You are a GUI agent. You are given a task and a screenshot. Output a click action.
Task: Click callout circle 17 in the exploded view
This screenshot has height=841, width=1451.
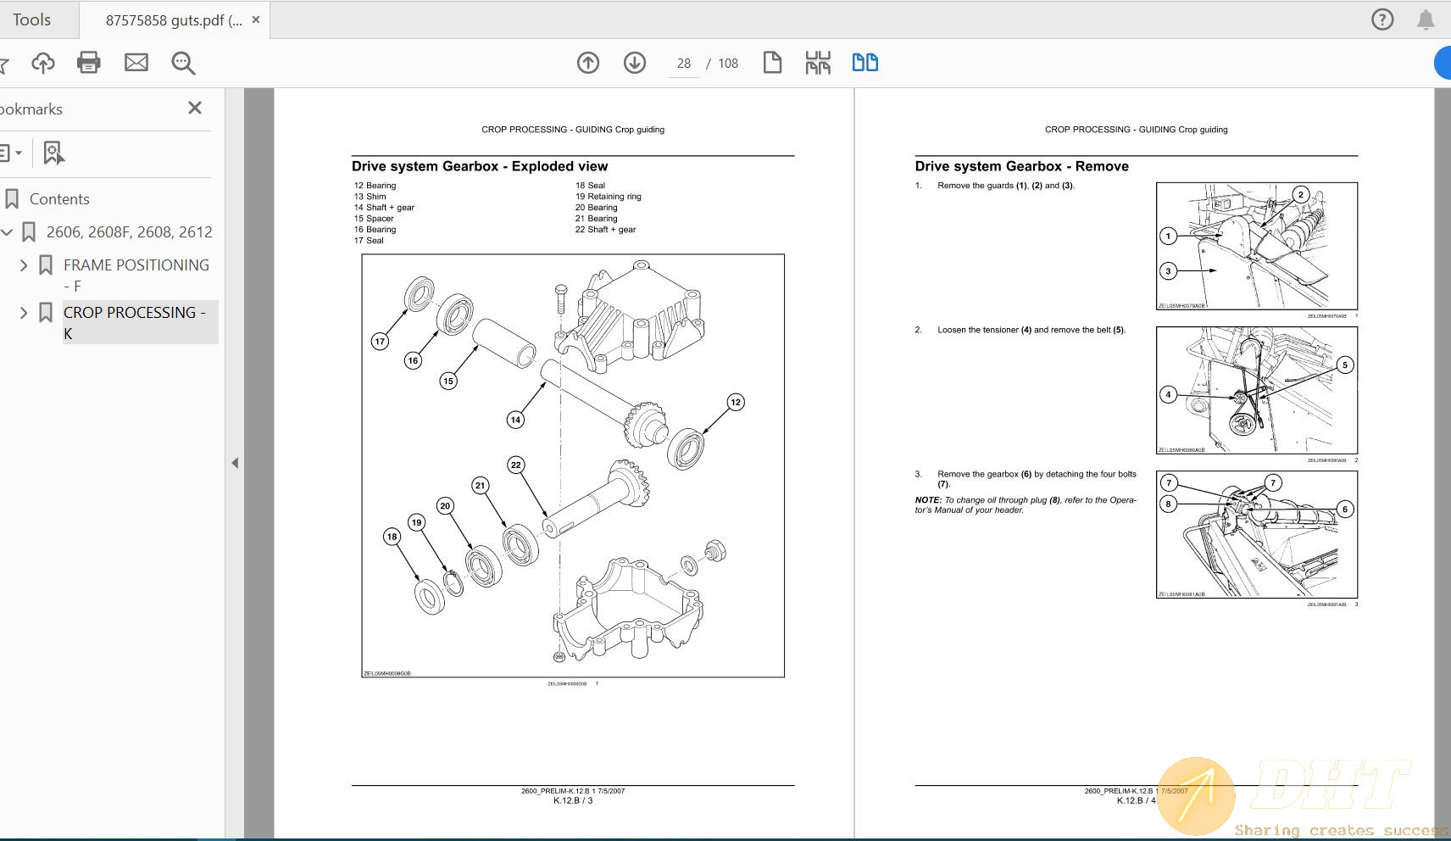coord(380,341)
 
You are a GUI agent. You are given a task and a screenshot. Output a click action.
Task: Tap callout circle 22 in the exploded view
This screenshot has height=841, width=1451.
coord(515,465)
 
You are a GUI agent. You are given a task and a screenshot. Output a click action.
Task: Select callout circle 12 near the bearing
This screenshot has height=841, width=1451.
coord(735,402)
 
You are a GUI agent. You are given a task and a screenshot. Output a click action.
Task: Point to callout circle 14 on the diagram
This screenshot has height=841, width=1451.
coord(515,419)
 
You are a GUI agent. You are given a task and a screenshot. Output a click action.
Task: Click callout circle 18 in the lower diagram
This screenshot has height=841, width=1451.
coord(392,536)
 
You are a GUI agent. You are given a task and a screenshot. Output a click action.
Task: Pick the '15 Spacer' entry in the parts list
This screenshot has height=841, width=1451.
coord(374,219)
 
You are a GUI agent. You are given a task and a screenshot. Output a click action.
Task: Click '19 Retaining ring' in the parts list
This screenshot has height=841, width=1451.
coord(608,197)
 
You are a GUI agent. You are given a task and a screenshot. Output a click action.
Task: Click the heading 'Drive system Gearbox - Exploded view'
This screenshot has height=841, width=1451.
coord(480,166)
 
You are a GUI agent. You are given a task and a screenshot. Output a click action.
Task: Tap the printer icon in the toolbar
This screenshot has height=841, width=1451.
coord(89,63)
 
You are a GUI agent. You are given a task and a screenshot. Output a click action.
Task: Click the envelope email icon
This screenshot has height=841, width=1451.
coord(136,63)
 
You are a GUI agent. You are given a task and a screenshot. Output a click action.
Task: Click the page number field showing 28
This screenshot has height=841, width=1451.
coord(683,64)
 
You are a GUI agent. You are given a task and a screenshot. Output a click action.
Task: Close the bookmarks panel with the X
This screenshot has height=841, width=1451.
coord(195,108)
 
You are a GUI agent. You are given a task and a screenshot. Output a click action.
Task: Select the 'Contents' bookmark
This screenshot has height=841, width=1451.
coord(59,199)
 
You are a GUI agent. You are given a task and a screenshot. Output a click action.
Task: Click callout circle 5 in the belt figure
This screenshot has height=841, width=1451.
coord(1344,365)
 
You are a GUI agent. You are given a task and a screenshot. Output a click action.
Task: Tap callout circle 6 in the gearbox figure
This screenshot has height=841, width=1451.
coord(1344,510)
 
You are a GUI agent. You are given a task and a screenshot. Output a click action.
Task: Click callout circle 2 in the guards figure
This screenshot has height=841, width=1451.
coord(1301,194)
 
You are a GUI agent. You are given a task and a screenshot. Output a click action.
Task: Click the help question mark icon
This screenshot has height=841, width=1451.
coord(1382,19)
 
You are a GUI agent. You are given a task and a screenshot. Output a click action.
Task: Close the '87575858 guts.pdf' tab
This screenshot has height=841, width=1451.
coord(256,19)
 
